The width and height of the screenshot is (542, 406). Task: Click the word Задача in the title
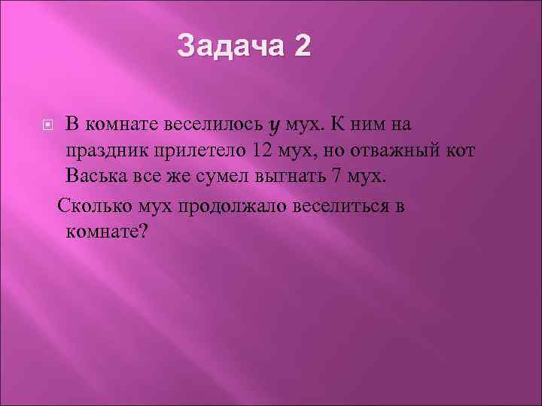click(x=230, y=47)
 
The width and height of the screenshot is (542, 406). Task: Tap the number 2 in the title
click(x=300, y=47)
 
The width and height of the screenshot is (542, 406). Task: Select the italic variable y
click(x=274, y=125)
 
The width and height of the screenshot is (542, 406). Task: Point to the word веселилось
click(x=217, y=124)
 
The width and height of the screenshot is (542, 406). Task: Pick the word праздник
click(x=108, y=151)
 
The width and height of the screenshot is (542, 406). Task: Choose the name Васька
click(x=95, y=178)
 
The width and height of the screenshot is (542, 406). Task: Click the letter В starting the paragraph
click(x=71, y=124)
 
